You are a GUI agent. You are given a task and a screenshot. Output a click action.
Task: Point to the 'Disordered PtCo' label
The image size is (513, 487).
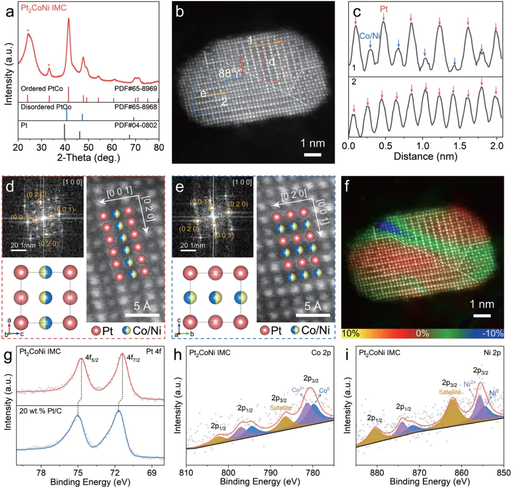tap(41, 107)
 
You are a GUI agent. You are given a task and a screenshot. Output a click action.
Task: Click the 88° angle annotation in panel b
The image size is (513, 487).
tap(228, 73)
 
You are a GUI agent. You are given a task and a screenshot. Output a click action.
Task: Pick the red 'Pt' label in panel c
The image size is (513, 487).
tap(384, 8)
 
